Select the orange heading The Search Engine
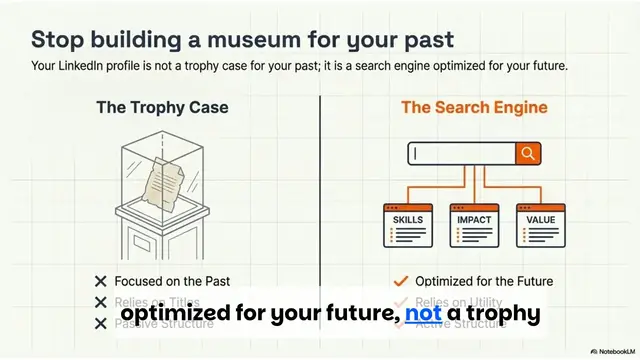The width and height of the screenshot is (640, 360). [474, 107]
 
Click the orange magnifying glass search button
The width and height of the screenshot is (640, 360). [528, 153]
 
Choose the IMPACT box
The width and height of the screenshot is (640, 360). [473, 225]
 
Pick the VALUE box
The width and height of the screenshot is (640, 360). [541, 225]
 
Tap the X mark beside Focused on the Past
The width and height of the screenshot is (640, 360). [100, 281]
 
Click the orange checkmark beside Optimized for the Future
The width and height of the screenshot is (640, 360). [401, 281]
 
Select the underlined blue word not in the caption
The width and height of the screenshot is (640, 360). [423, 314]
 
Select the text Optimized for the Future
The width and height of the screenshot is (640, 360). [484, 281]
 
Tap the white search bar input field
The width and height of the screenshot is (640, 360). [461, 153]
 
